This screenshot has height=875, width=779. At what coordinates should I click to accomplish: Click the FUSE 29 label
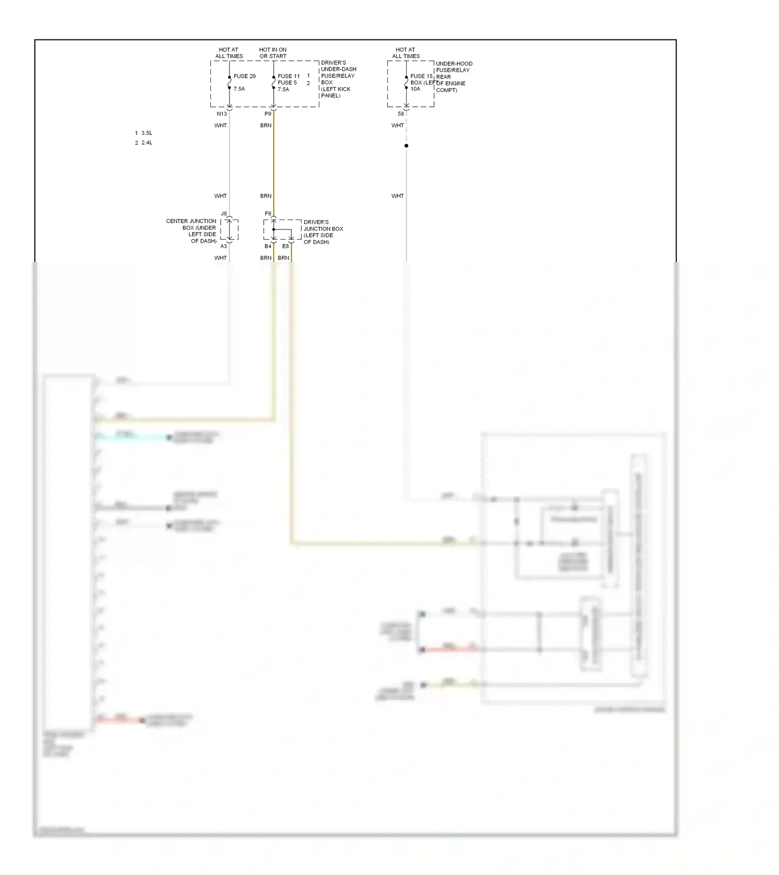click(x=244, y=76)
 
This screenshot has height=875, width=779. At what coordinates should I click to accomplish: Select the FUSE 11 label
click(x=288, y=76)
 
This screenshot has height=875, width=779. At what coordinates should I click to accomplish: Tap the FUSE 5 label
click(x=287, y=83)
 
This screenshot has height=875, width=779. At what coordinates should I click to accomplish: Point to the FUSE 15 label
click(x=421, y=76)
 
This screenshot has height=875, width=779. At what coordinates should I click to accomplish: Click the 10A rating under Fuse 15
click(x=415, y=89)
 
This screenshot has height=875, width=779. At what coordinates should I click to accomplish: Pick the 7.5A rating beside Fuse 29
click(x=239, y=89)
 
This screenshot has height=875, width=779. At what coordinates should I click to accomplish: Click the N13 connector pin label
click(x=222, y=114)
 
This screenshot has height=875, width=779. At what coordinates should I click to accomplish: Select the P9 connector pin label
click(x=268, y=114)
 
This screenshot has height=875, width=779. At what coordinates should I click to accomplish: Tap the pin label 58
click(x=401, y=114)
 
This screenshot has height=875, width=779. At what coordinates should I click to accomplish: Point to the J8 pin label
click(x=224, y=213)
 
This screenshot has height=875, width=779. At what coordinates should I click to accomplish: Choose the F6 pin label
click(x=268, y=213)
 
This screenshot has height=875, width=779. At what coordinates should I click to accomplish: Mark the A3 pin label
click(x=223, y=246)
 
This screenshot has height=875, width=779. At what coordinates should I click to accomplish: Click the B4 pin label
click(x=268, y=246)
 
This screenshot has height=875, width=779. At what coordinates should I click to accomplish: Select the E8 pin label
click(x=286, y=246)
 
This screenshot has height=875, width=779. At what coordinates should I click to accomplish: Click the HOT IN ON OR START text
click(x=273, y=53)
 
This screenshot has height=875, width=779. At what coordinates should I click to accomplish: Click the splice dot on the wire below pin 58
click(x=406, y=146)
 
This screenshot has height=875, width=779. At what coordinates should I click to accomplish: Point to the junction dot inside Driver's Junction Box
click(x=274, y=229)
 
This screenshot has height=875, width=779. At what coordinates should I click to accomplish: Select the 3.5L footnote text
click(x=146, y=133)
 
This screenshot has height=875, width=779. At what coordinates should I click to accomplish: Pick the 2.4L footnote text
click(x=146, y=143)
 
